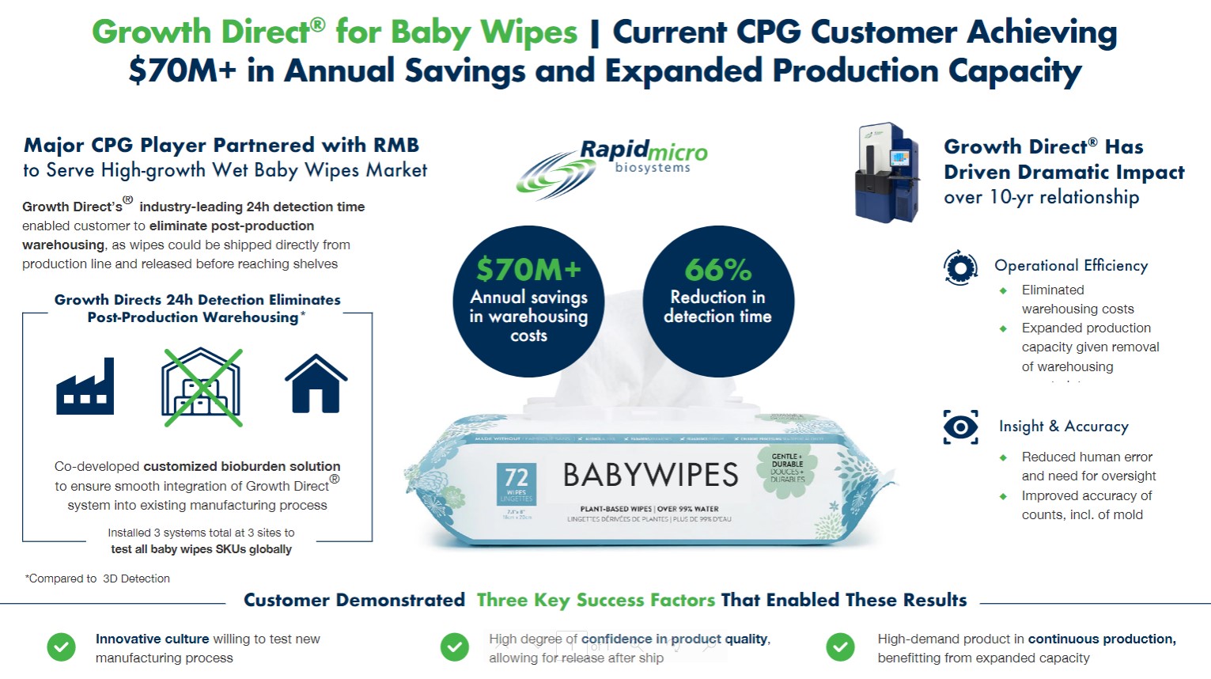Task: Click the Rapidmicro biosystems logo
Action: tap(611, 167)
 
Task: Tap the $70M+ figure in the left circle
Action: tap(528, 270)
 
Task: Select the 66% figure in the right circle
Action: tap(717, 270)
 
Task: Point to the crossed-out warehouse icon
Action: tap(202, 387)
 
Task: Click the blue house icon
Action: tap(316, 384)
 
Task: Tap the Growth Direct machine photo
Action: tap(887, 173)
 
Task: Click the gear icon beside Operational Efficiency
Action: tap(960, 267)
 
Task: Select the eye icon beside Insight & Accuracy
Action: tap(960, 427)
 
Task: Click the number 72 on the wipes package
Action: tap(517, 477)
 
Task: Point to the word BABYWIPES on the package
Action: tap(650, 475)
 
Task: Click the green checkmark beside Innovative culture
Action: tap(61, 647)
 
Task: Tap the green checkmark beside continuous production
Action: tap(840, 647)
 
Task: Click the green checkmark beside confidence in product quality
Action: tap(454, 647)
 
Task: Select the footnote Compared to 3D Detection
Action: tap(98, 578)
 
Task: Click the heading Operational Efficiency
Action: tap(1071, 266)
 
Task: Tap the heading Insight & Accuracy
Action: tap(1063, 426)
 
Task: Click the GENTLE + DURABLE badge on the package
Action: tap(787, 468)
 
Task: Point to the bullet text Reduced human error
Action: tap(1087, 457)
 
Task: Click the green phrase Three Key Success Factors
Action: tap(596, 601)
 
